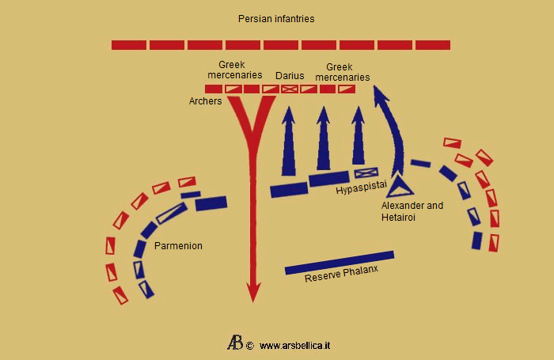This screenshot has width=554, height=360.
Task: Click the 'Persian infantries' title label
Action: pos(277,18)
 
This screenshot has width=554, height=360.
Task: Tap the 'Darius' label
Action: pos(290,76)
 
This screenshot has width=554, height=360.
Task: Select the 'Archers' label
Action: pos(205,101)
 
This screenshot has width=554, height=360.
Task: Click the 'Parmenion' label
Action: pos(178,246)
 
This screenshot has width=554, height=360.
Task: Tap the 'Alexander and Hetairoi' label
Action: pos(412,210)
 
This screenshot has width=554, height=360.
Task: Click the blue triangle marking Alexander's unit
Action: pos(399,186)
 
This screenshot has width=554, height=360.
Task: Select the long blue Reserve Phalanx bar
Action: pos(339,263)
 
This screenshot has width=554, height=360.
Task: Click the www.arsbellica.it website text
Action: pos(294,346)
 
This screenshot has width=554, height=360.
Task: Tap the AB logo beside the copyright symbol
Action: pos(235,343)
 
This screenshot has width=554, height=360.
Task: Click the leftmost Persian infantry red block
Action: pos(128,45)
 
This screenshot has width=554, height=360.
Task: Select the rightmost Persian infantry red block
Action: pos(433,45)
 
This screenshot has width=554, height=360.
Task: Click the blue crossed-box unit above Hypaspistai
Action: pos(366,172)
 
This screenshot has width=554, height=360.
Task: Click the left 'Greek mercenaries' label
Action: pos(240,70)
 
